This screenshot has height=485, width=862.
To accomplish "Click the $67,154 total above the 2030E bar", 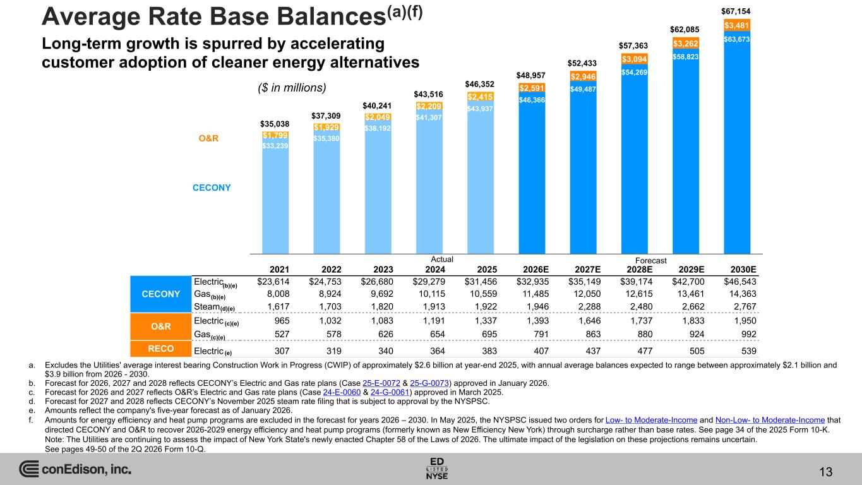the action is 736,11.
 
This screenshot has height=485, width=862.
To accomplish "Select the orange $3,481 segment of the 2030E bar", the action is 736,25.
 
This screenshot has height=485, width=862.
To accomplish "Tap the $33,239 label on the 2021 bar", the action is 275,146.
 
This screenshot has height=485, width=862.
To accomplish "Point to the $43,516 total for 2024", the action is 428,94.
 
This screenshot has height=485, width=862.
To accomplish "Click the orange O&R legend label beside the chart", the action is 208,138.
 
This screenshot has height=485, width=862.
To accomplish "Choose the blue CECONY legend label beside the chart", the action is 212,188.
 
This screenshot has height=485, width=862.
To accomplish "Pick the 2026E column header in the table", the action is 536,270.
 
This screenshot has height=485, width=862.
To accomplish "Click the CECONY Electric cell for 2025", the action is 481,282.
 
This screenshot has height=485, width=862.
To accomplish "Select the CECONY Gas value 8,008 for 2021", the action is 278,294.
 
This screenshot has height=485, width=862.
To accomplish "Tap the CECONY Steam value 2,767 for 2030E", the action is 745,307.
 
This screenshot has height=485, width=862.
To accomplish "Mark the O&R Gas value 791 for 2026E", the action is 541,334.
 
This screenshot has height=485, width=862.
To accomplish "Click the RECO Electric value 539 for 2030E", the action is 749,351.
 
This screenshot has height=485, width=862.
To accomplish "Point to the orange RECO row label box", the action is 161,349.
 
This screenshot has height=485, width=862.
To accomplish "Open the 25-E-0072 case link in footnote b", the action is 381,383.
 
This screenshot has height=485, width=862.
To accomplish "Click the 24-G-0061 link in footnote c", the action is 390,392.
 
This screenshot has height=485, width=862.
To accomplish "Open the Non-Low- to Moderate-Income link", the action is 770,421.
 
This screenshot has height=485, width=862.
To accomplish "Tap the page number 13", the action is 826,472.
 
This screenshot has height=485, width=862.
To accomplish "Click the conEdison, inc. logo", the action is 75,469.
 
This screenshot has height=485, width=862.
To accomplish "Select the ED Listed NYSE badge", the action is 437,469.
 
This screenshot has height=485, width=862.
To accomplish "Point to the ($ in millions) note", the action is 292,88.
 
